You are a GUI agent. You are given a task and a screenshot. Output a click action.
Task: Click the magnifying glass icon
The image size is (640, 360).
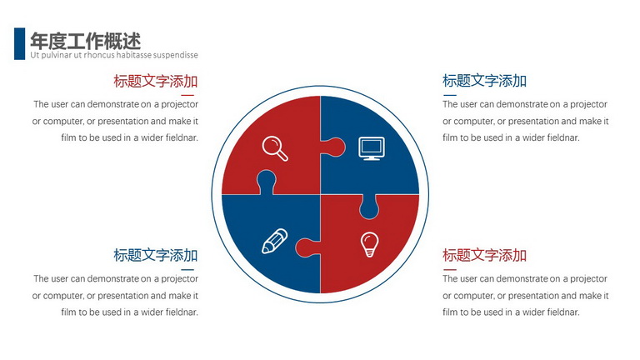coord(275,148)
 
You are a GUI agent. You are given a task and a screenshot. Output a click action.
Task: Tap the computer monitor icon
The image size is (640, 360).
coord(372,148)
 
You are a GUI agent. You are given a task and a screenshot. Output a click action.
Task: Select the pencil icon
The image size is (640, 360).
coord(274,241)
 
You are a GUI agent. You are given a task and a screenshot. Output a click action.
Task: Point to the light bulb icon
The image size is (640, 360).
coord(369,244)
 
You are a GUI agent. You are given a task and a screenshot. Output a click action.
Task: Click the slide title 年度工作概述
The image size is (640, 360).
coord(86,41)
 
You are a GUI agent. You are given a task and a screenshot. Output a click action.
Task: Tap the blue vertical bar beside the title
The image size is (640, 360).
coord(20,43)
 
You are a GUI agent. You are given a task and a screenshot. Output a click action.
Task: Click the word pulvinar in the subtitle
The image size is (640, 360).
coord(57,55)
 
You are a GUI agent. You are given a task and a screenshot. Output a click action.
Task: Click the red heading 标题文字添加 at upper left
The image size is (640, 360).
coord(156,81)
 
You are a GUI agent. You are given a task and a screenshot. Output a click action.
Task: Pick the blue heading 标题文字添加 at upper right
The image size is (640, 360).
coord(484,81)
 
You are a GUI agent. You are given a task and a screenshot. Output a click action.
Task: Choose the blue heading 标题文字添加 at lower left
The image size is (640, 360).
coord(156,256)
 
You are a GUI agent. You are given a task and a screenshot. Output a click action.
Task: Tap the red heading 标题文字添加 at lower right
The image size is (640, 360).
coord(484,256)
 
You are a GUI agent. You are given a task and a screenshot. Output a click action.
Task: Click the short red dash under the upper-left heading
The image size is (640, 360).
coord(187,95)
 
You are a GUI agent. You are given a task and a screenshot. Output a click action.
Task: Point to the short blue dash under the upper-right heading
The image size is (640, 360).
coord(450,95)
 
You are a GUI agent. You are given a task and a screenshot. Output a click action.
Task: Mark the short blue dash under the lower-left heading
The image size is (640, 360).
coord(187,270)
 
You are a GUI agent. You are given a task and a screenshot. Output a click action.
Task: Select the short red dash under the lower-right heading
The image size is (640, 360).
coord(450,270)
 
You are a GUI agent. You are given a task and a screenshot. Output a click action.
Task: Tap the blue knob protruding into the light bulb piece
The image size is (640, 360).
coord(369,207)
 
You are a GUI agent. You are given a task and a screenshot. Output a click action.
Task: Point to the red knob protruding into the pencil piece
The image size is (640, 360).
coord(307,247)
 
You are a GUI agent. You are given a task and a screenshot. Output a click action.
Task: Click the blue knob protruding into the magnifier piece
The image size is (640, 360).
coord(266,182)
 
